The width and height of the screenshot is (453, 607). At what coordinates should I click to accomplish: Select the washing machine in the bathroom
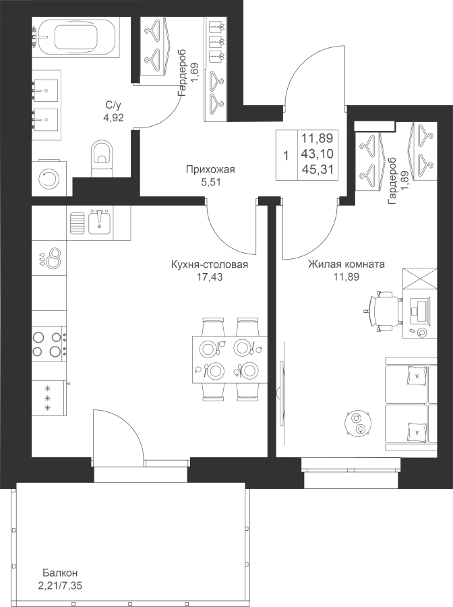coord(49,177)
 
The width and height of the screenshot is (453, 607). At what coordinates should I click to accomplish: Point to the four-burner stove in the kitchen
coord(49,343)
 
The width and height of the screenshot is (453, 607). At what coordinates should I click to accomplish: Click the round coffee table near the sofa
coord(356,423)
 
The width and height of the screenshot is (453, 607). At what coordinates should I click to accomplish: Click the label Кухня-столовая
coord(210,265)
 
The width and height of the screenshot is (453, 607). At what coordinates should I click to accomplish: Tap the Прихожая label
coord(210,170)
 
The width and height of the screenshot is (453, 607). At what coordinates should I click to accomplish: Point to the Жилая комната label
coord(346,264)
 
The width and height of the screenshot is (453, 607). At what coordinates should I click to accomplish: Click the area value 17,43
coord(209,277)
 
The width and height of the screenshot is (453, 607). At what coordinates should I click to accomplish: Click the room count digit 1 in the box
coord(286,155)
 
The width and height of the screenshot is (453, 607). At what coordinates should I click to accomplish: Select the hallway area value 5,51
coord(210,181)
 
